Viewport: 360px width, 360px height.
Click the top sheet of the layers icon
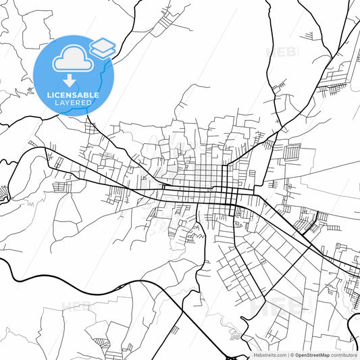(x=102, y=44)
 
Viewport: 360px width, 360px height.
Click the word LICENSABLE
(x=73, y=95)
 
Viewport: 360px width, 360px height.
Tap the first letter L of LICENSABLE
(x=49, y=95)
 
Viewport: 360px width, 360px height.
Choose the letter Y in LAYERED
(x=68, y=103)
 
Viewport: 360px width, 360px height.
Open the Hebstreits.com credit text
(x=269, y=355)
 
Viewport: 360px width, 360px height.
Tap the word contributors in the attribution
(x=344, y=355)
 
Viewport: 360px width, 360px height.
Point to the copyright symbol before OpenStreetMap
(x=292, y=355)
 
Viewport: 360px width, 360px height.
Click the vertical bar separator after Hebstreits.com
(x=287, y=355)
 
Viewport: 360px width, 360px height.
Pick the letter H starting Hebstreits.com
(x=255, y=355)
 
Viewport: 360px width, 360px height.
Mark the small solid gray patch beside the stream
(x=234, y=334)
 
